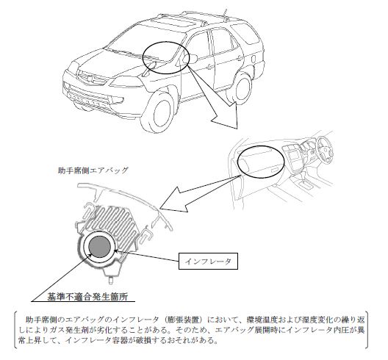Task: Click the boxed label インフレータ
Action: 208,261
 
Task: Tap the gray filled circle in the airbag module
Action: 100,247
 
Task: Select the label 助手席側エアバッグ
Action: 93,170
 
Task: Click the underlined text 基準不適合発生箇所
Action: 87,297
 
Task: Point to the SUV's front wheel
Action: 159,112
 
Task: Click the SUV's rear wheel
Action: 240,87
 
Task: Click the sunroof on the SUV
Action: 176,22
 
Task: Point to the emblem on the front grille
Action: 92,79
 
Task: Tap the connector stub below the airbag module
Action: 112,280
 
